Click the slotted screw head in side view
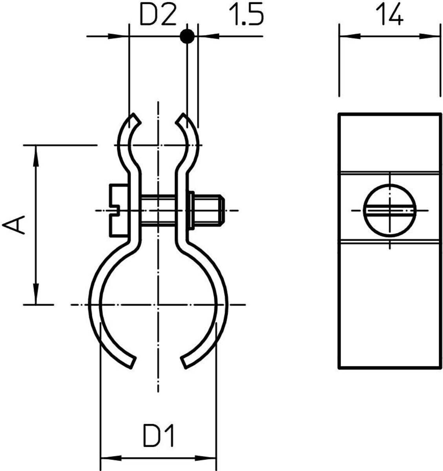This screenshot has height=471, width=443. pyautogui.click(x=119, y=210)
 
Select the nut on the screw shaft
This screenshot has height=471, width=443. pyautogui.click(x=191, y=210)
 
